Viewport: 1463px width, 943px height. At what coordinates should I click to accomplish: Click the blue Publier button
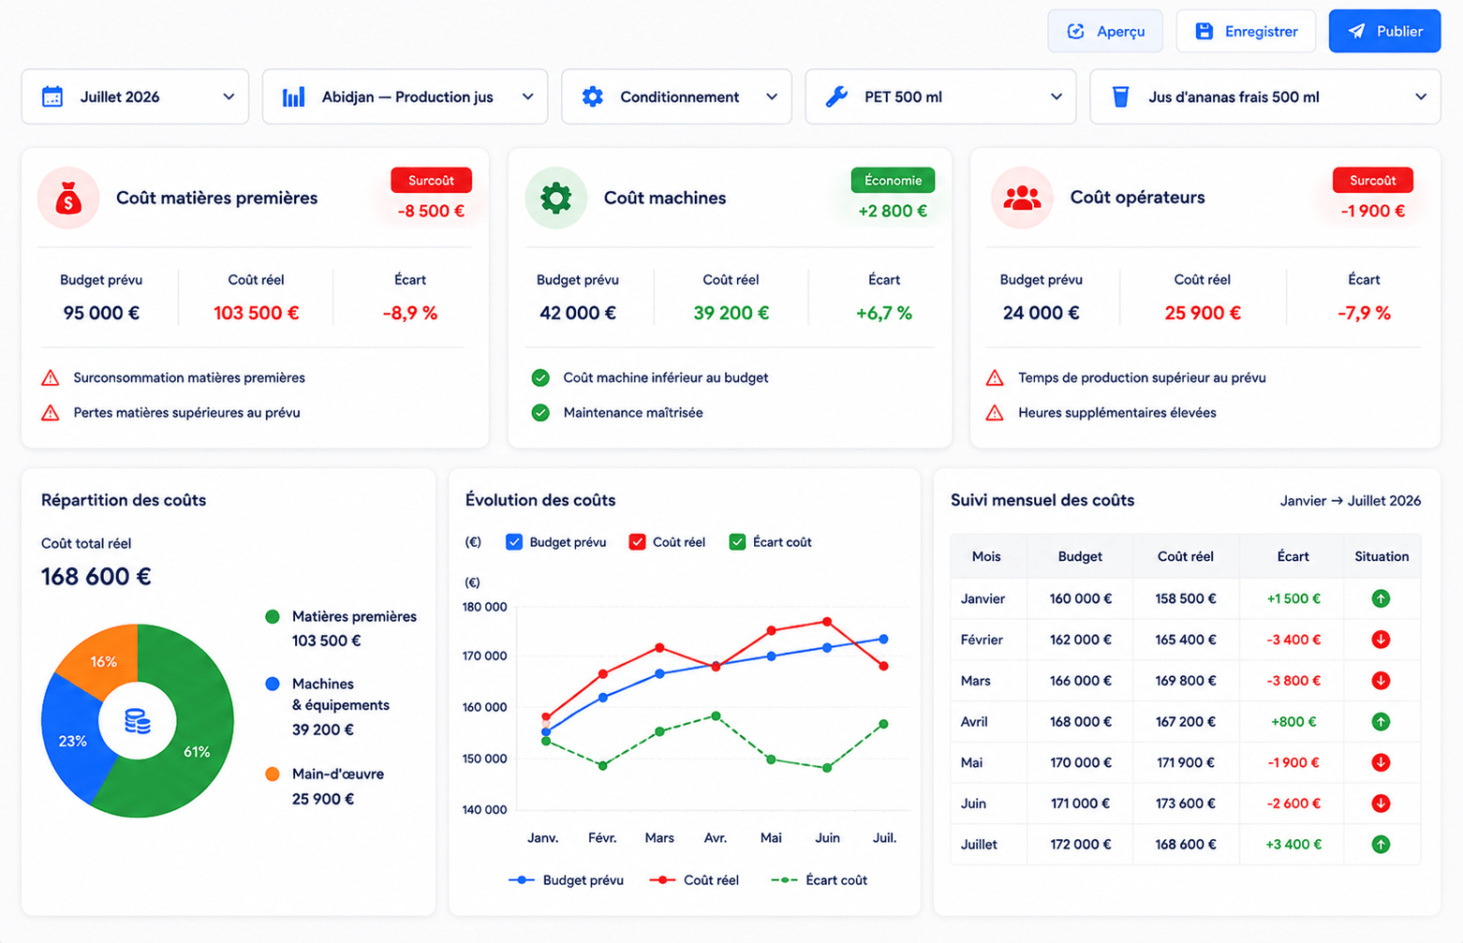point(1384,31)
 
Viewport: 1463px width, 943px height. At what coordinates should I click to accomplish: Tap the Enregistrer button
point(1246,31)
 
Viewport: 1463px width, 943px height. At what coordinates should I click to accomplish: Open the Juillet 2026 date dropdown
point(135,96)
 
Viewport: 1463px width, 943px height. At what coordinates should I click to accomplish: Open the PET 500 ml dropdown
point(940,96)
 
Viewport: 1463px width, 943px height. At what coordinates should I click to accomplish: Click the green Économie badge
point(893,180)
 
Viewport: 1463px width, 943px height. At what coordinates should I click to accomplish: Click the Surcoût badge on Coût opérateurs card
point(1373,180)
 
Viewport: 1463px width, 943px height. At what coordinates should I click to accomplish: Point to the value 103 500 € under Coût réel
point(256,313)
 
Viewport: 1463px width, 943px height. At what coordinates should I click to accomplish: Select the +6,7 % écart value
point(883,313)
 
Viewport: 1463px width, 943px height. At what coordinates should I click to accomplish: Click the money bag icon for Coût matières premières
point(68,198)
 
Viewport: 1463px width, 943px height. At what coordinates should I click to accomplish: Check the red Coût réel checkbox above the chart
point(637,542)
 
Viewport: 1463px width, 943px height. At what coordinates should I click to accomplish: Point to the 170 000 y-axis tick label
point(484,656)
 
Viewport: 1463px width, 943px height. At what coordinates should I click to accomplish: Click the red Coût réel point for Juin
point(827,622)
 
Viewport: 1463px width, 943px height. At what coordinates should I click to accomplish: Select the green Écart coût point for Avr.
point(716,715)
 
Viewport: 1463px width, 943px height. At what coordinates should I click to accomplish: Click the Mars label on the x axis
point(659,837)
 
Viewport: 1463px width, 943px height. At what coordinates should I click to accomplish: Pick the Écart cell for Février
point(1293,640)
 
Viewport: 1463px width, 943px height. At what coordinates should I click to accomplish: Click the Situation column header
point(1382,556)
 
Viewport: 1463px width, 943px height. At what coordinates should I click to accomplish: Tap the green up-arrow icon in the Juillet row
point(1381,845)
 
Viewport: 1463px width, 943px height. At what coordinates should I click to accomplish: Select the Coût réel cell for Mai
point(1186,762)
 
